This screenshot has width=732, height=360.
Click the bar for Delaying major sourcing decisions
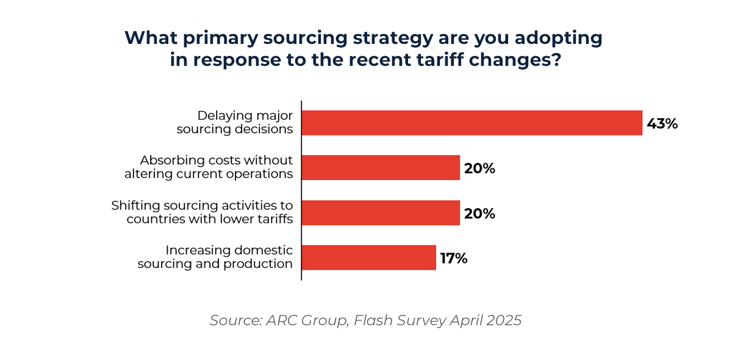[x=472, y=123]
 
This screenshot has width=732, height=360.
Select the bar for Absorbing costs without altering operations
[x=381, y=168]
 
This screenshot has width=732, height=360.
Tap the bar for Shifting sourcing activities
[x=381, y=213]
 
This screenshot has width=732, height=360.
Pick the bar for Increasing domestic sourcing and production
[x=369, y=257]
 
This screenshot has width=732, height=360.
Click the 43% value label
[x=662, y=124]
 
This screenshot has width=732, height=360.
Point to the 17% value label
[x=454, y=259]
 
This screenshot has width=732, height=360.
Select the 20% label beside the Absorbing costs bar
[x=479, y=169]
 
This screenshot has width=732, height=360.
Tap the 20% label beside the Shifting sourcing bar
[x=479, y=214]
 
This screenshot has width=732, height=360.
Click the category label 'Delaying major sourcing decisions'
[x=235, y=122]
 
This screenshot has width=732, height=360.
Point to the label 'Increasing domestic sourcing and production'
[x=215, y=257]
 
